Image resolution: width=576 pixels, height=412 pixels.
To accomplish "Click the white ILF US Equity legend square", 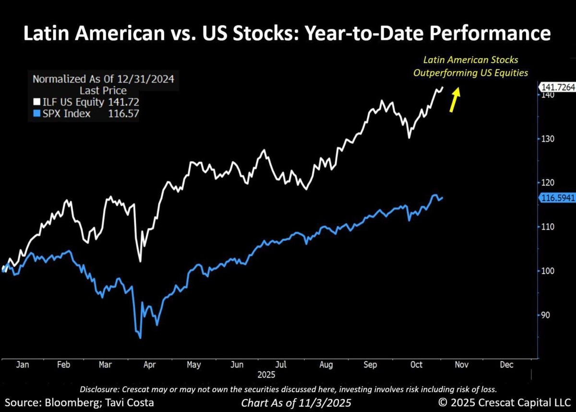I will point(36,102).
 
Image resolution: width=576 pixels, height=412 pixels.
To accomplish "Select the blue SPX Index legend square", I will point(36,113).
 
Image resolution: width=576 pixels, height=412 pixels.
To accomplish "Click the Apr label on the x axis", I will point(149,365).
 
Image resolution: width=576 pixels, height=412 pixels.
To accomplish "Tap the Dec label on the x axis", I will point(506,365).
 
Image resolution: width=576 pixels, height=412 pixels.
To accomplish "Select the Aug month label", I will point(326,365).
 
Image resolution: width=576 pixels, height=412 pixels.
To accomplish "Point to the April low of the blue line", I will point(140,338).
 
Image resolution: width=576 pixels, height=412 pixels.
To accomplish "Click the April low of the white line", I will point(140,261).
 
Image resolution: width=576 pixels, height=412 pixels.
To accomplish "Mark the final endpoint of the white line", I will point(443,87).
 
